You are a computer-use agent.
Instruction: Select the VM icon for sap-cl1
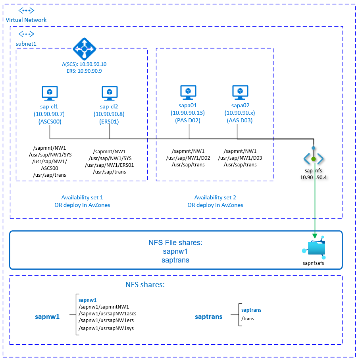point(50,93)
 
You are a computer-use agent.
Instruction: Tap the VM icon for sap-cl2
point(109,93)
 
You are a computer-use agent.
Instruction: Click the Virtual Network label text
point(26,20)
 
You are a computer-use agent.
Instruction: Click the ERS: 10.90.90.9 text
point(84,71)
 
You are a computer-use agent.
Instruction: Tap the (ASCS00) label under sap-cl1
point(50,122)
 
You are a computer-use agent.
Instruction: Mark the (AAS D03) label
point(240,121)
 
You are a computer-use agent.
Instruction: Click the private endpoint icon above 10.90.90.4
point(314,159)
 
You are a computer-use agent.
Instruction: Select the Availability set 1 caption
point(82,197)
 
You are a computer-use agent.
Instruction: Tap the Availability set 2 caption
point(215,197)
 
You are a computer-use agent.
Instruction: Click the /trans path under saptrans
point(248,318)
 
